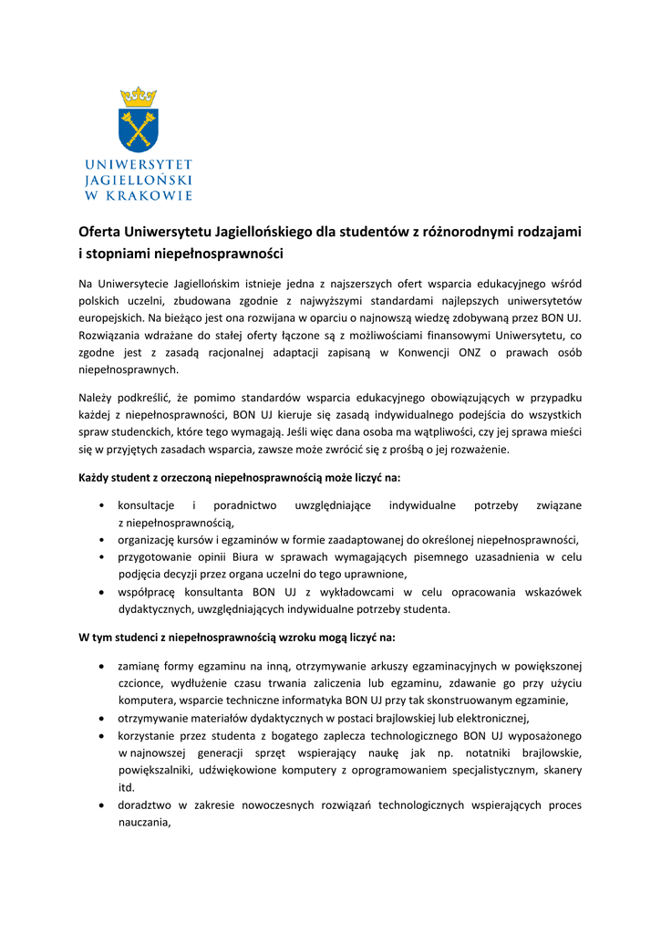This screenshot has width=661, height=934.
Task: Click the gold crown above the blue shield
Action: (139, 97)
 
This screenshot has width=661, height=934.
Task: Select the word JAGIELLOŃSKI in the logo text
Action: (139, 180)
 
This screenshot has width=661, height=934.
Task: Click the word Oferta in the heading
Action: (99, 232)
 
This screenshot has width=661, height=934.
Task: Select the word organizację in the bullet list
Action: (148, 539)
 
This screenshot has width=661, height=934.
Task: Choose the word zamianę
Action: (139, 665)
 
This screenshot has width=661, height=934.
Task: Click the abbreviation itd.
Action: (127, 787)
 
